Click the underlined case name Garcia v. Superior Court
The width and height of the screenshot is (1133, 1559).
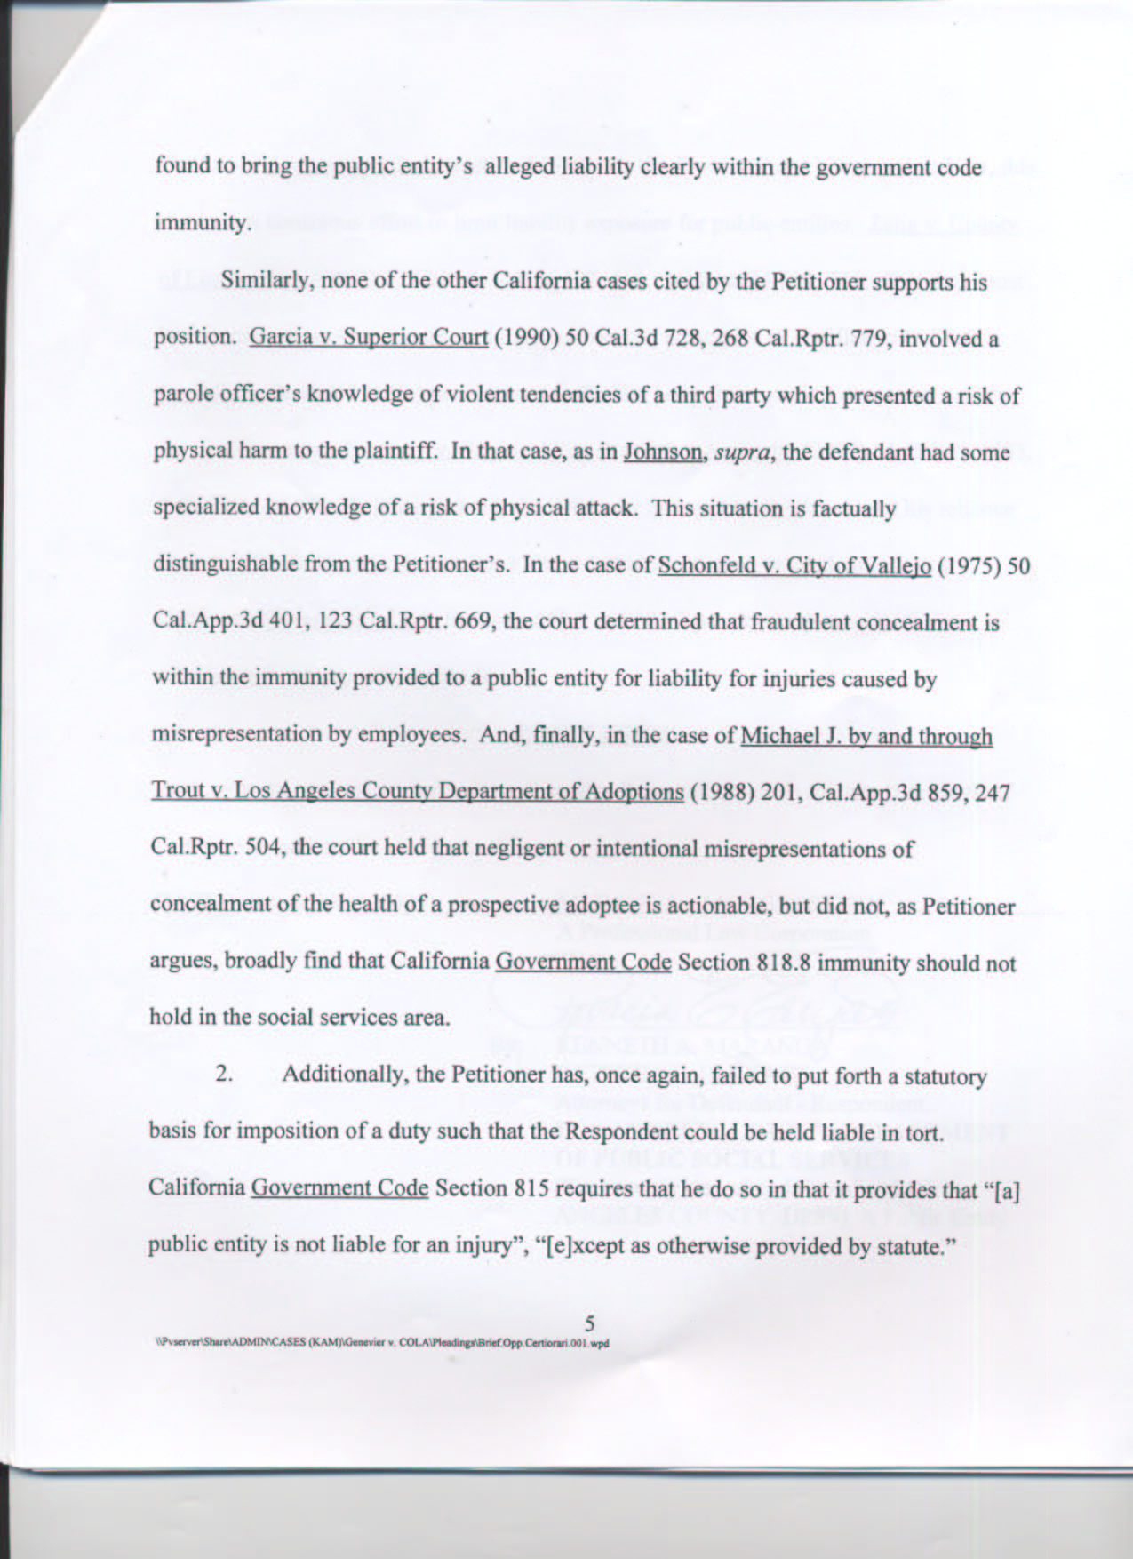369,340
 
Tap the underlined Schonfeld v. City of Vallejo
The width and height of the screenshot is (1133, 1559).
794,566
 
